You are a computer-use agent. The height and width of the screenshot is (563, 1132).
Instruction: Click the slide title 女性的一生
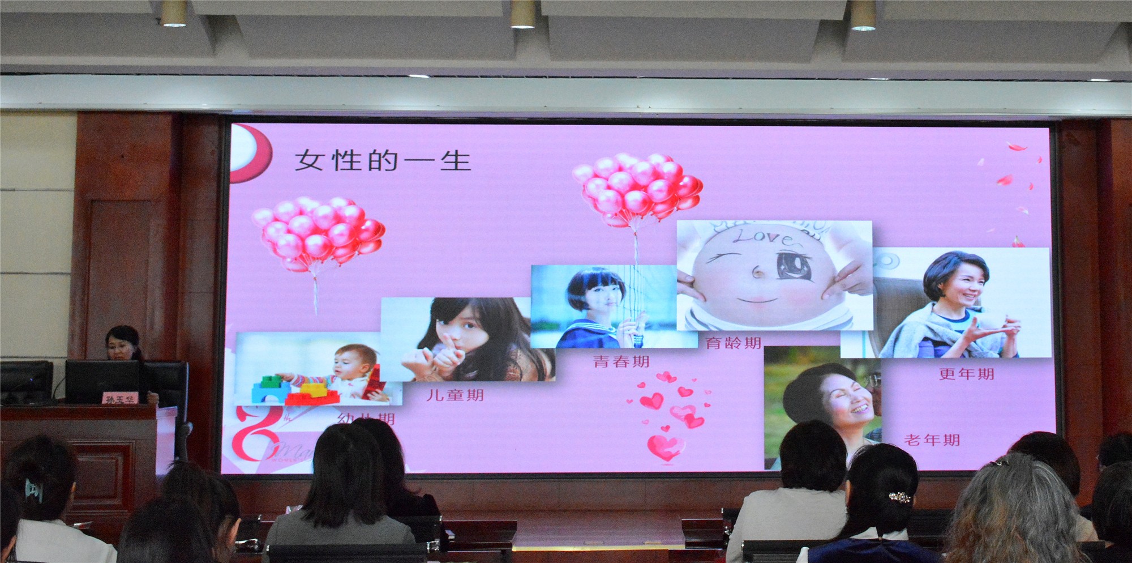click(x=383, y=161)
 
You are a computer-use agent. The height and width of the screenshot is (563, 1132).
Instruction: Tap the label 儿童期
click(x=455, y=395)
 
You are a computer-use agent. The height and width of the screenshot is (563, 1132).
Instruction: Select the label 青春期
click(x=621, y=361)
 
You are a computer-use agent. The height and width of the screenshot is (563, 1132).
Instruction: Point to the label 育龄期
click(x=733, y=343)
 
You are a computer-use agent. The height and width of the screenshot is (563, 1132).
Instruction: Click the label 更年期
click(x=966, y=374)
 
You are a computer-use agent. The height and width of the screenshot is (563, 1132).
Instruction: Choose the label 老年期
click(x=932, y=440)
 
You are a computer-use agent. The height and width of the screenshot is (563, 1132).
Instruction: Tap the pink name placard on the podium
click(x=120, y=399)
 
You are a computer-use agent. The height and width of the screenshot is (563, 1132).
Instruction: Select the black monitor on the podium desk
click(x=102, y=379)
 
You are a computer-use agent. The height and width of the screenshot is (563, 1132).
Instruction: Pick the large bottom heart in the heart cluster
click(x=665, y=447)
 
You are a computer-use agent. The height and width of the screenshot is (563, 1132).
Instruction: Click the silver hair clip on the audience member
click(x=899, y=498)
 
